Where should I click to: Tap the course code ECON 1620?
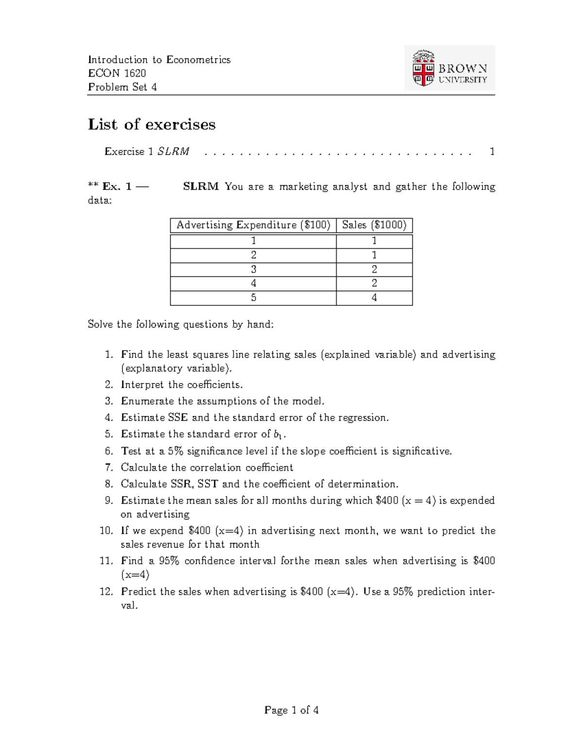[117, 73]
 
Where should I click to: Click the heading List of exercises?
[152, 125]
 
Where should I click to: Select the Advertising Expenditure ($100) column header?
[253, 225]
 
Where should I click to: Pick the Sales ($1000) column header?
[374, 225]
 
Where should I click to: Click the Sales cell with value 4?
[374, 298]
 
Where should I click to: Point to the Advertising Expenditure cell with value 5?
[253, 298]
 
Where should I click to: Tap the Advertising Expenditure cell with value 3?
[253, 269]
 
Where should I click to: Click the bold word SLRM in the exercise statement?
[201, 187]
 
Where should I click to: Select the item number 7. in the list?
[109, 468]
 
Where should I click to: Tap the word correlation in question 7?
[215, 468]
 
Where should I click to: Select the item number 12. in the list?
[106, 592]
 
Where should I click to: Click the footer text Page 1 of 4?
[291, 710]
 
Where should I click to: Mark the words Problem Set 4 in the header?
[122, 87]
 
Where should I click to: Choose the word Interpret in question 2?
[142, 385]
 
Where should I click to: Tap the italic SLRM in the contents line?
[173, 152]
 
